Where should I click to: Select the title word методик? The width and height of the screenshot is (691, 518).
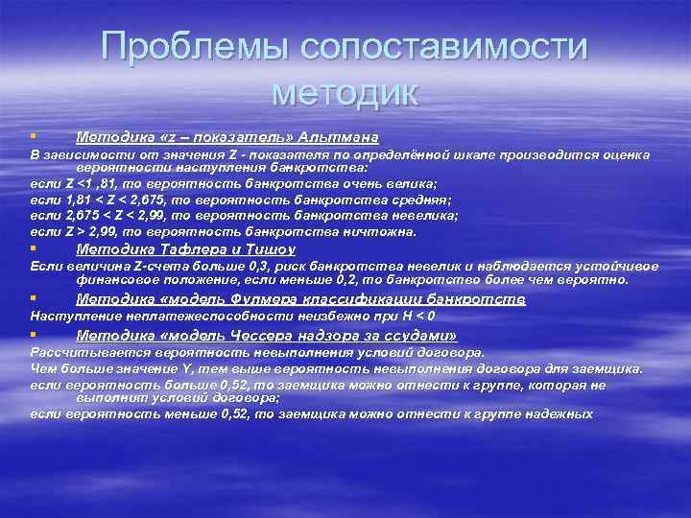(345, 92)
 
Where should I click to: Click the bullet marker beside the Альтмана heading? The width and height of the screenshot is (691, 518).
(33, 136)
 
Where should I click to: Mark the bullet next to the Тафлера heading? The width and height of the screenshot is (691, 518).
(33, 249)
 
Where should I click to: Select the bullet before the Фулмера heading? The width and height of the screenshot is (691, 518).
(33, 299)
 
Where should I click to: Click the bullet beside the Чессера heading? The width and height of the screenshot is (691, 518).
(33, 336)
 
